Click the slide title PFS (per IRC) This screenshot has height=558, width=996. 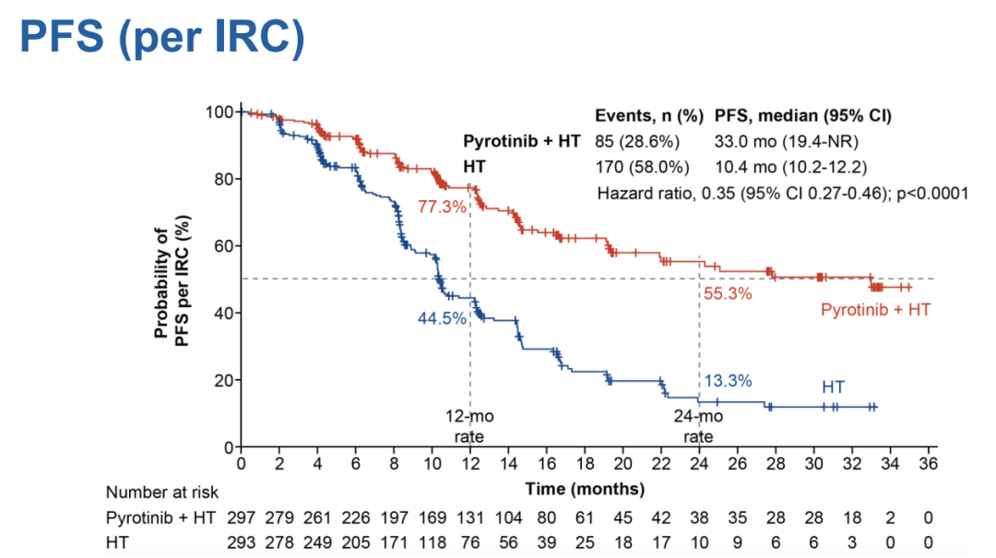coord(161,38)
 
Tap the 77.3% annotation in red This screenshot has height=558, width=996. coord(443,207)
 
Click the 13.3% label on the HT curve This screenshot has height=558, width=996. coord(729,380)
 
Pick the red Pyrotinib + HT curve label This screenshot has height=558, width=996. coord(875,310)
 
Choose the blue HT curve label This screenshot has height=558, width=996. coord(834,386)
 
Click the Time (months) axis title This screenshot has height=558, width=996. coord(586,488)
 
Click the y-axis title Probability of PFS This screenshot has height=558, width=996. coord(172,278)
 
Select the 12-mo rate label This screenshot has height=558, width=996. coord(470,425)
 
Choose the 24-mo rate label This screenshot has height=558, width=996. coord(699,425)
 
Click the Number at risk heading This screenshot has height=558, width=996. coord(162,493)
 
